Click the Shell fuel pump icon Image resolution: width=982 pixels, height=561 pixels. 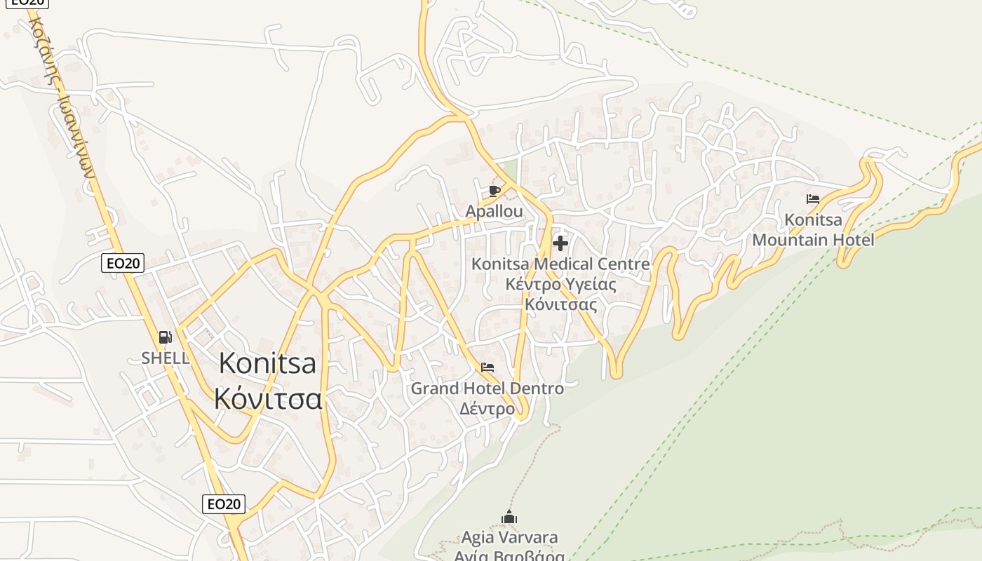(166, 337)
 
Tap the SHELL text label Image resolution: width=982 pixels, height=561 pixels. (166, 358)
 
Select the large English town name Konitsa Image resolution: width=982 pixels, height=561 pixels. (267, 363)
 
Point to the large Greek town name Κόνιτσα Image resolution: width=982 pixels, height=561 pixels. (268, 398)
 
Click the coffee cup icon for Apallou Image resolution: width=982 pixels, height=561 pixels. (495, 191)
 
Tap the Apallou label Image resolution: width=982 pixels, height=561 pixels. (495, 211)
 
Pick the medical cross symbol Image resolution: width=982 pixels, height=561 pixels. (560, 243)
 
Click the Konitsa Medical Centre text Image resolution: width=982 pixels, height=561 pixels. (560, 264)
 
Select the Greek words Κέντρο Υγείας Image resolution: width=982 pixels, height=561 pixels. (560, 285)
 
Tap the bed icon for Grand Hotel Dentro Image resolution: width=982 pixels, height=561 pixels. (487, 367)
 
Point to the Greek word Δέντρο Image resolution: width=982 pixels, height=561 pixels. (487, 408)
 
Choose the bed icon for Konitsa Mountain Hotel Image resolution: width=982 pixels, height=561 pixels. (813, 199)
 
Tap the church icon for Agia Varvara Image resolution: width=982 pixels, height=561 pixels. (509, 518)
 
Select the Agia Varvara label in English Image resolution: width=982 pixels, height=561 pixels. (509, 538)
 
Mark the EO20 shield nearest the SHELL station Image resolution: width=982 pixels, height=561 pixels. (123, 263)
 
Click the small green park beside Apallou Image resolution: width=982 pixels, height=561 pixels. (510, 169)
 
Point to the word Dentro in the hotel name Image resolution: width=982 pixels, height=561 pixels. (537, 388)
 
